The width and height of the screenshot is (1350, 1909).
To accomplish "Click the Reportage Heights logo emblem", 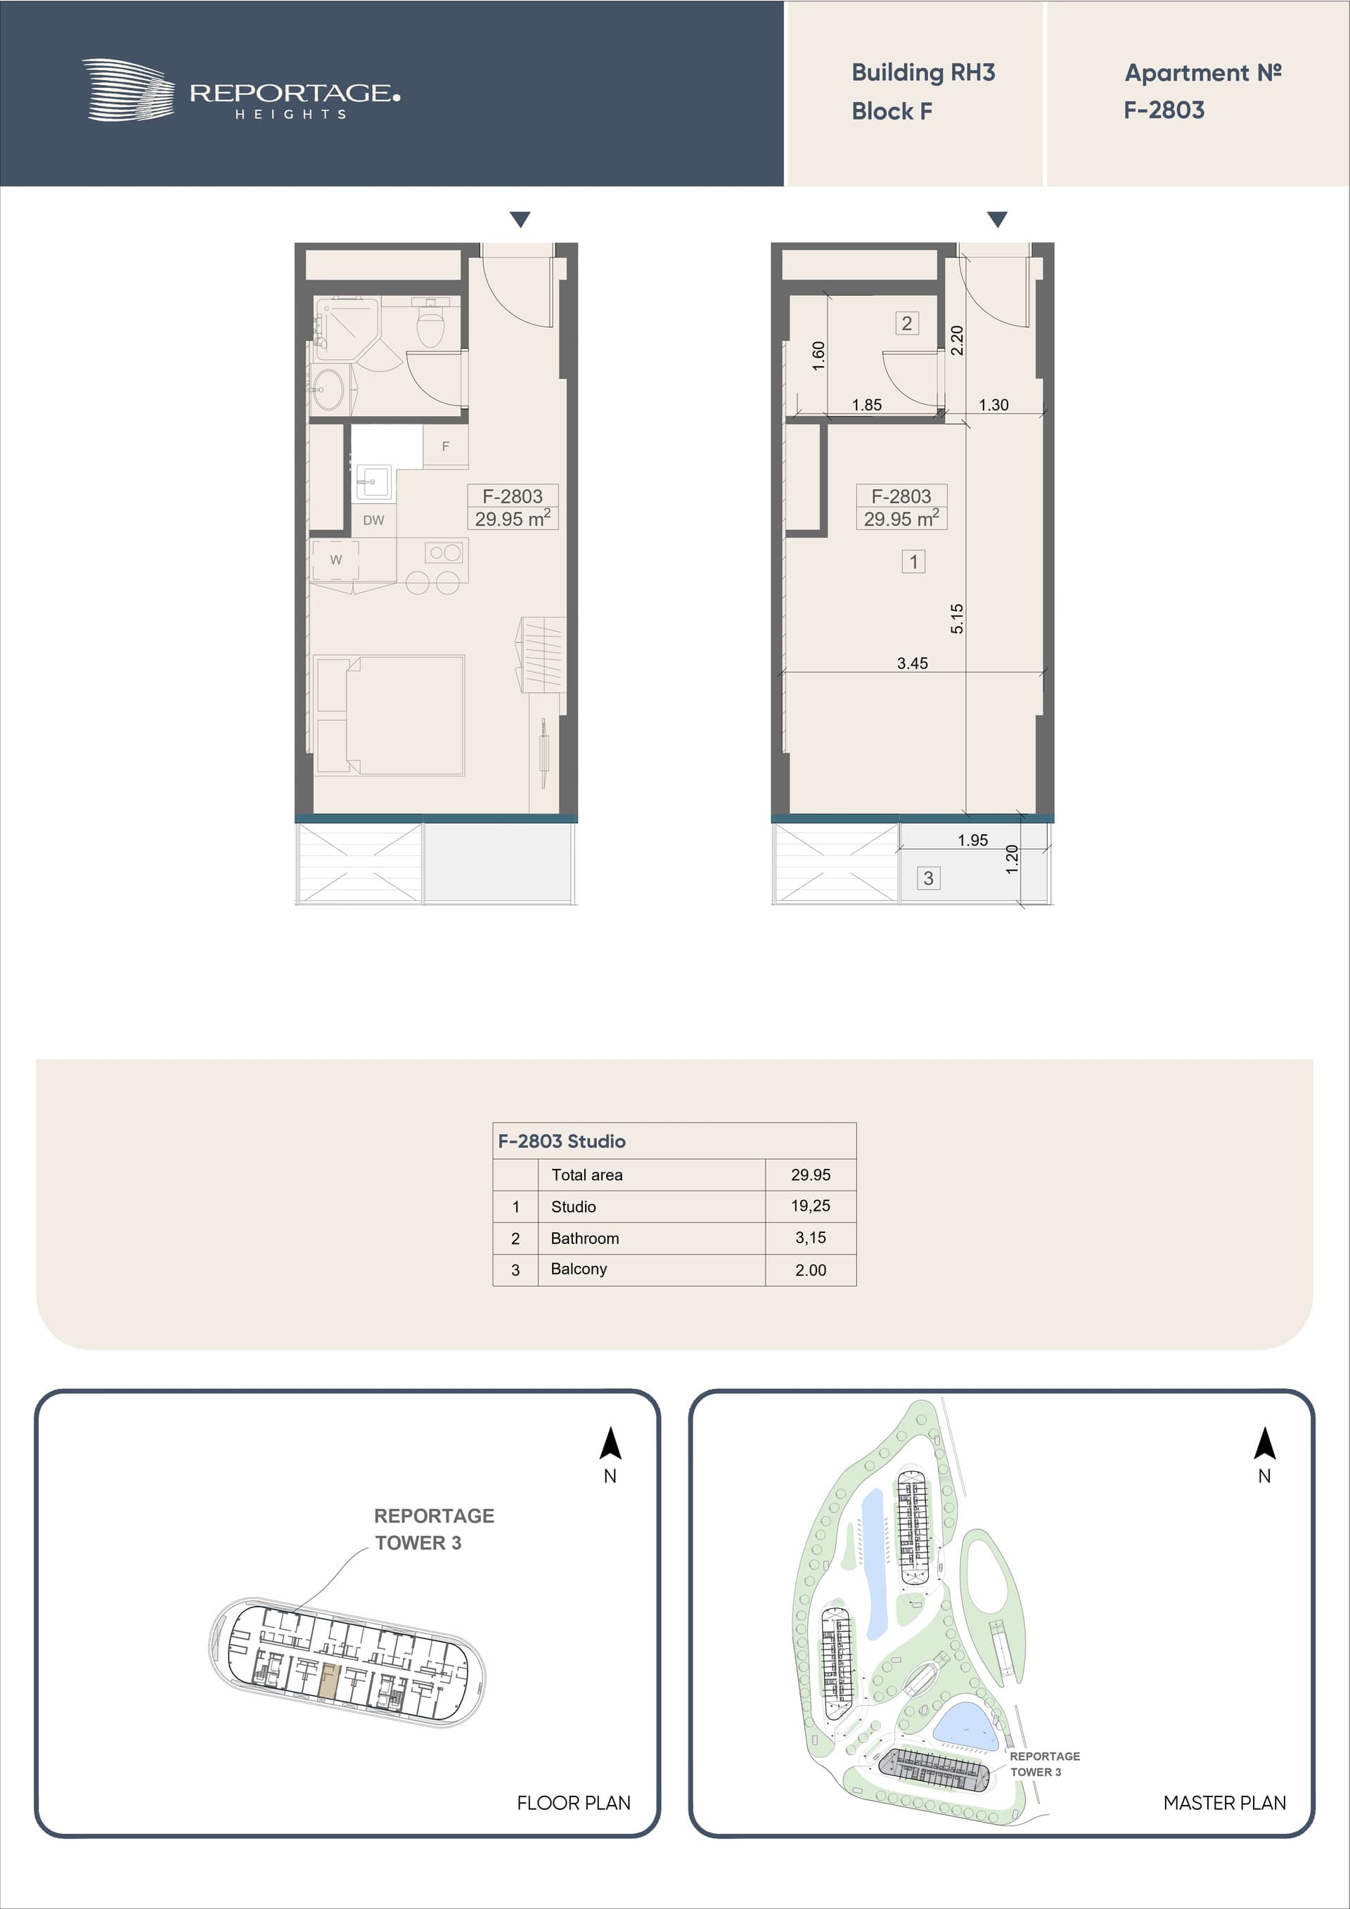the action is coord(128,90).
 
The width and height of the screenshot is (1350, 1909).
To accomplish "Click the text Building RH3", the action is coord(923,73).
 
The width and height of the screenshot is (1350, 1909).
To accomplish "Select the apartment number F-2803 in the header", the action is coord(1164,110).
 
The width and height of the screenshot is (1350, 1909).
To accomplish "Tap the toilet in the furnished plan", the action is coord(430,324).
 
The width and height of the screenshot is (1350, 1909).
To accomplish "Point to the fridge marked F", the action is coord(445,446).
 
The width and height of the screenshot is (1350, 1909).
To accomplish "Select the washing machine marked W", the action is coord(335,559).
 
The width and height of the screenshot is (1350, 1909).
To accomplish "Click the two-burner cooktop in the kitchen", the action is coord(445,552).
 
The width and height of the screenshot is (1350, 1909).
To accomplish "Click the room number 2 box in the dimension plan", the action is coord(906,323).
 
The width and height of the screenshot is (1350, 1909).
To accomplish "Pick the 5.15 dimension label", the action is coord(956,619).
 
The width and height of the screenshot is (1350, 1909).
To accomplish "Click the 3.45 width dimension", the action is coord(913,664).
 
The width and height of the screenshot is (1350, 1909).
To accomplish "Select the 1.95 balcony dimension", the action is coord(972,840).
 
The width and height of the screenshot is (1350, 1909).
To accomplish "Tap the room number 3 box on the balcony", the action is coord(928,878).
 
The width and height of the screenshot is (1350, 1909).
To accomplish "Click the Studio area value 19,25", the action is coord(810,1205).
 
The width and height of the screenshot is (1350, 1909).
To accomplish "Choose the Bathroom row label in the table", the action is coord(585,1238).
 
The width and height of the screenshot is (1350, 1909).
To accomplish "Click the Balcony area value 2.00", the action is coord(810,1269).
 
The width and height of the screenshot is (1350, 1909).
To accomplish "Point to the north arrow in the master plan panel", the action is coord(1264,1445).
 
